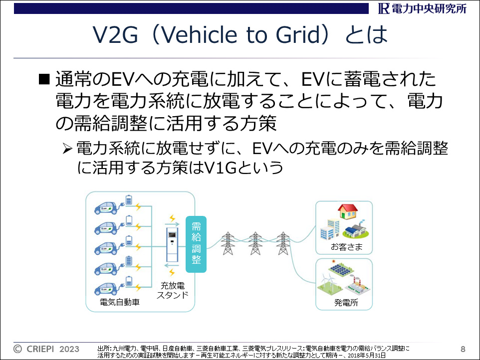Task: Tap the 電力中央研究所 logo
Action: [422, 8]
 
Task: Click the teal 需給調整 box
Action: [196, 244]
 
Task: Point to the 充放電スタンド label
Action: [172, 290]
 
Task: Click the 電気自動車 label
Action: [120, 302]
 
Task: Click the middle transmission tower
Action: [255, 243]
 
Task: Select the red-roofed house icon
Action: [348, 211]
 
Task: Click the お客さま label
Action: [347, 246]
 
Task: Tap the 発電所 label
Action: [346, 303]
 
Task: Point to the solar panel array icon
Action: [341, 269]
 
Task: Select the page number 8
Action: [463, 349]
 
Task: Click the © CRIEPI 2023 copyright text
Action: [46, 349]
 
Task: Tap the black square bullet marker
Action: [44, 79]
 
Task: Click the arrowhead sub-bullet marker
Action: [67, 149]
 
